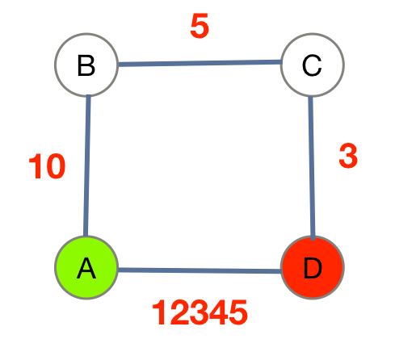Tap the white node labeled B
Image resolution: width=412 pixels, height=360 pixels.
[x=86, y=65]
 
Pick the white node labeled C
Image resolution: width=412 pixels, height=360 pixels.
[x=312, y=65]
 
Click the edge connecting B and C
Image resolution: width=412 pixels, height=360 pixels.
[x=200, y=63]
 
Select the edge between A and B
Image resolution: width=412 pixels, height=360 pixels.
[x=87, y=165]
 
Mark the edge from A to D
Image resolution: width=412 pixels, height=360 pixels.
[x=200, y=270]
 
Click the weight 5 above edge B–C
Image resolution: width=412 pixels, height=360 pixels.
[x=200, y=27]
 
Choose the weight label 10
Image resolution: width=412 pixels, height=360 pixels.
[x=47, y=167]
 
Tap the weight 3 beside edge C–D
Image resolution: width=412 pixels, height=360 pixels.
[x=347, y=157]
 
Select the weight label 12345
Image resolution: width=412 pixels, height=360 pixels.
[x=200, y=313]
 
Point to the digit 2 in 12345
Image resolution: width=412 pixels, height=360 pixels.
[x=179, y=313]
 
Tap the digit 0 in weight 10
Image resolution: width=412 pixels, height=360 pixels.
[x=55, y=167]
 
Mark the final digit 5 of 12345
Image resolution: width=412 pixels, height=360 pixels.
[x=238, y=313]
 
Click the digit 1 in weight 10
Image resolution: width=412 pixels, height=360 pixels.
[x=36, y=167]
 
